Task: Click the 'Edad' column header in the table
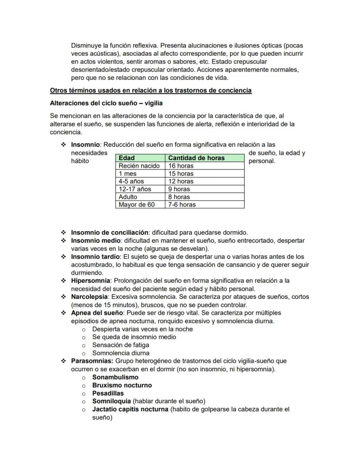click(x=127, y=158)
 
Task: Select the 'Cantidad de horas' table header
click(x=196, y=158)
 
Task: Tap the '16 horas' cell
click(x=181, y=166)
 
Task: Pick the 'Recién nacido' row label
click(x=139, y=166)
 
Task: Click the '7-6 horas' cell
click(x=182, y=205)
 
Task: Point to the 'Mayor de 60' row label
click(x=137, y=205)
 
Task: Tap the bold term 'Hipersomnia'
click(x=90, y=281)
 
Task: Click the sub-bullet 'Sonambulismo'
click(x=115, y=377)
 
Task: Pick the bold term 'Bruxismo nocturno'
click(x=122, y=386)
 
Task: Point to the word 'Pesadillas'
click(x=108, y=393)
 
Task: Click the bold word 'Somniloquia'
click(x=111, y=401)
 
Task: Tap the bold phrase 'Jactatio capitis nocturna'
click(x=130, y=409)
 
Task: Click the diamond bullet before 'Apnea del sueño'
click(x=63, y=313)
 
